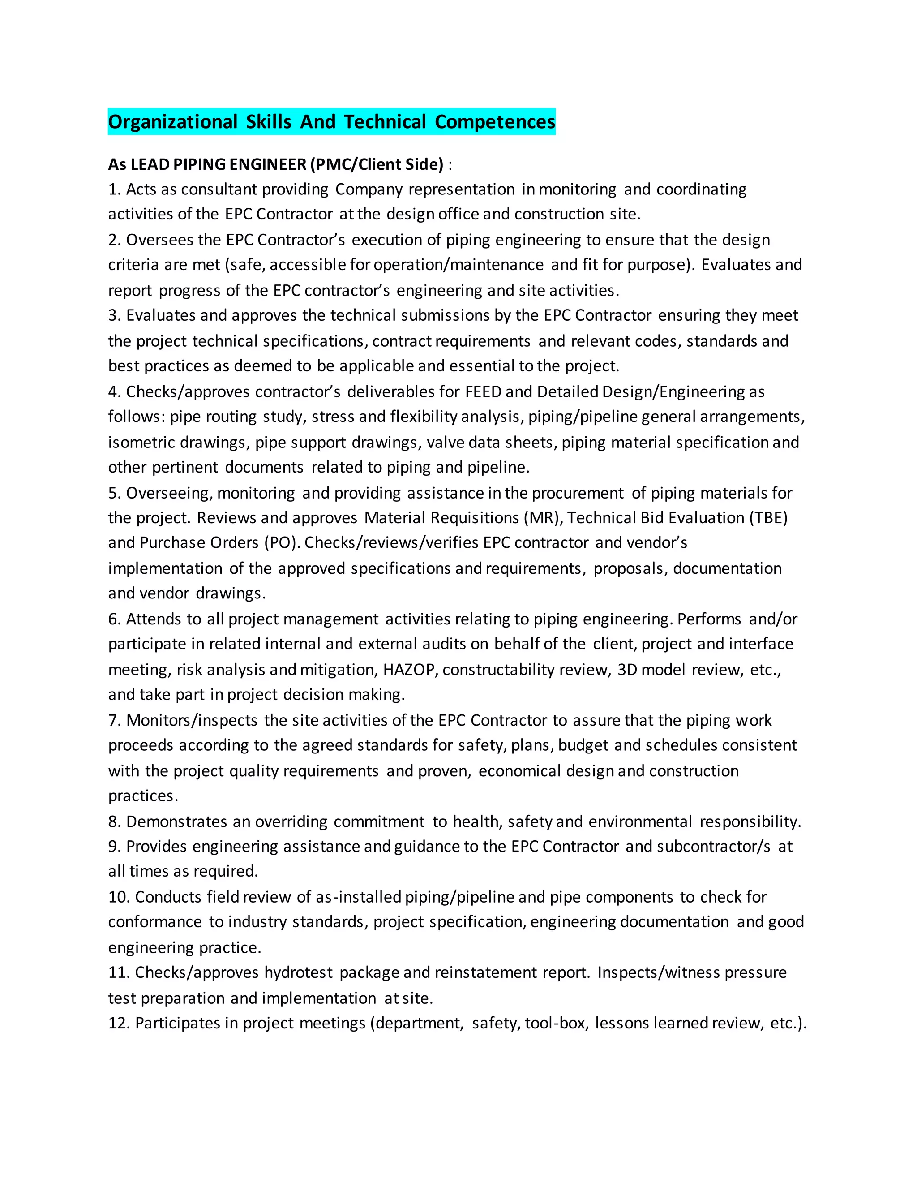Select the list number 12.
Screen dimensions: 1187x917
118,1024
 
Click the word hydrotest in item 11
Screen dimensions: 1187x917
298,972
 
